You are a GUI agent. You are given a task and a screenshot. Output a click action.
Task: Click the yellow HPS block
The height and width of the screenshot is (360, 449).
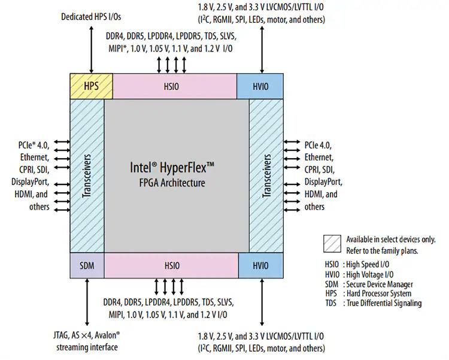coord(91,86)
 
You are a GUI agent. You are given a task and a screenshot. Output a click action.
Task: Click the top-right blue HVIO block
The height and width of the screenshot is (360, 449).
coord(260,86)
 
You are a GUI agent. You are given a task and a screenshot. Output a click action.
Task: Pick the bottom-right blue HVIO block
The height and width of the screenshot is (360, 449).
coord(260,265)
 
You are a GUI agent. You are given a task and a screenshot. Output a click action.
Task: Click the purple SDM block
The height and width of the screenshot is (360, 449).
coord(87,265)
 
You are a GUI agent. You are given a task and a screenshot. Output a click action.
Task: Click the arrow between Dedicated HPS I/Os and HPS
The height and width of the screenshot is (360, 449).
coord(91,48)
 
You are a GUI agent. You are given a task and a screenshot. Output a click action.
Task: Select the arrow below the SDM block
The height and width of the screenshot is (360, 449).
coord(87,302)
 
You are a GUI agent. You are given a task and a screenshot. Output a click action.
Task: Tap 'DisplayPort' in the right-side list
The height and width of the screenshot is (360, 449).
coord(323,181)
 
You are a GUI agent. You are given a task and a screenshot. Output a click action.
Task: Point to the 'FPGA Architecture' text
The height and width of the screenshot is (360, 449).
coord(176,183)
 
